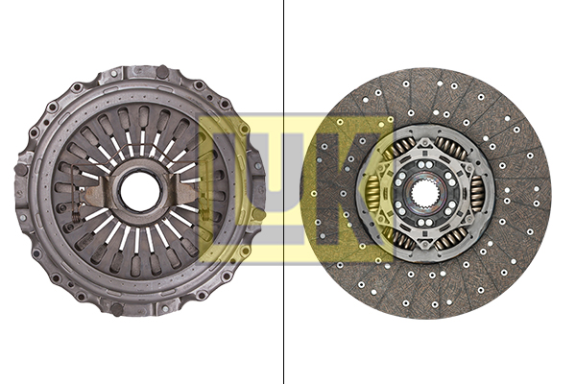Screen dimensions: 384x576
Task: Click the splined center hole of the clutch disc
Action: click(x=424, y=193)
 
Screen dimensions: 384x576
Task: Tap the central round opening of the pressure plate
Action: click(x=141, y=191)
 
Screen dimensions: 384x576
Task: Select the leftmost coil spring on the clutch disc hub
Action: click(x=373, y=193)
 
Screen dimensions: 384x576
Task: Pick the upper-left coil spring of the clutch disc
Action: click(x=398, y=150)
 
